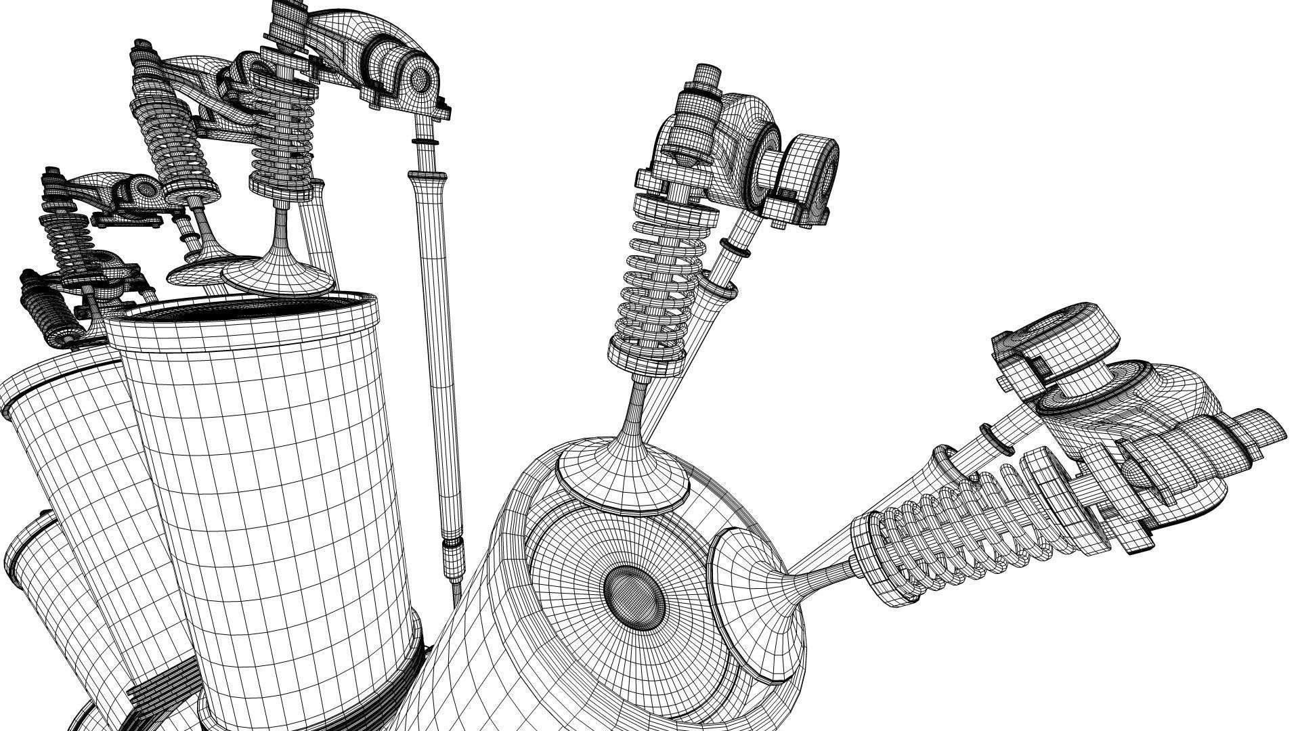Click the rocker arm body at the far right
coord(1151,433)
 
